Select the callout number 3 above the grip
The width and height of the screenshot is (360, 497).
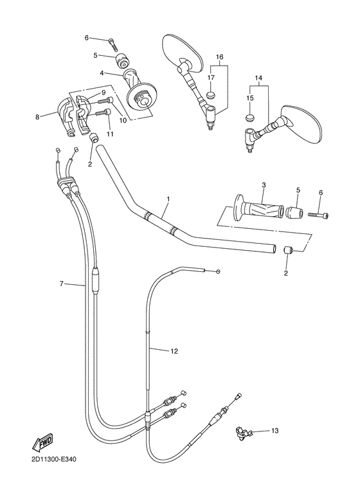coord(264,186)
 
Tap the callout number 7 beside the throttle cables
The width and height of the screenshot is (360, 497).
coord(62,283)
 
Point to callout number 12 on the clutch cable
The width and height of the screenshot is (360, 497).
coord(174,351)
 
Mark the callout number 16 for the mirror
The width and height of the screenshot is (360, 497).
coord(219,57)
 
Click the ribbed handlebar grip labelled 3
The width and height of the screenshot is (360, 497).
coord(258,210)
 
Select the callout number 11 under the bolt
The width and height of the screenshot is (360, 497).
coord(110,134)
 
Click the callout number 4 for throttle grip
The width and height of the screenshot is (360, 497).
coord(102,73)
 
